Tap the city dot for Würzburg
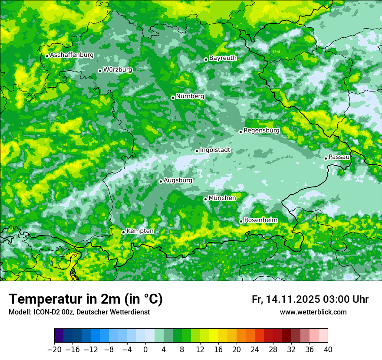coord(100,71)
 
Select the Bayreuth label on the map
coord(223,58)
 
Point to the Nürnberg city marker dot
coord(173,98)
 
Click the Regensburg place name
coord(261,130)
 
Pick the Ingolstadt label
coord(215,150)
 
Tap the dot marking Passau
coord(326,158)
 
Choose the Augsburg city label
coord(178,180)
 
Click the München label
coord(222,198)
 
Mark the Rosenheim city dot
coord(241,222)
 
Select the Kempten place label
coord(140,231)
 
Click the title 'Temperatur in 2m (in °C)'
coord(86,299)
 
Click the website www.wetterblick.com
coord(313,312)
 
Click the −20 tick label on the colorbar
coord(54,349)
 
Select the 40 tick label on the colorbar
coord(328,349)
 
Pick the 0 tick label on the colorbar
coord(145,349)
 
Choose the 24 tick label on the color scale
coord(255,349)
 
